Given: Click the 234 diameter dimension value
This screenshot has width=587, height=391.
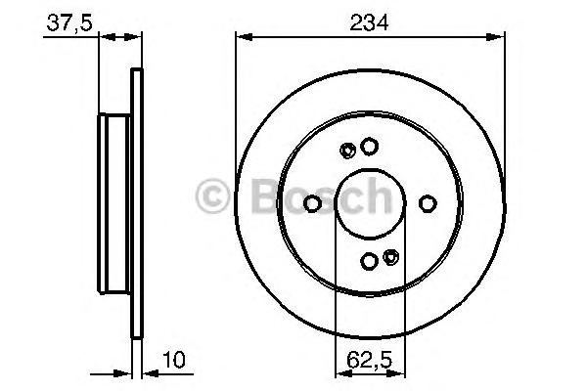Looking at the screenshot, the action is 369,22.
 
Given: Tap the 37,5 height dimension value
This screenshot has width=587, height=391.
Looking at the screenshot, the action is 69,23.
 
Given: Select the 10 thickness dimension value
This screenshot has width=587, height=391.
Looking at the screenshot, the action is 174,360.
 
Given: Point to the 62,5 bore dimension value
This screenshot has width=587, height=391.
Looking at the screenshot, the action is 369,361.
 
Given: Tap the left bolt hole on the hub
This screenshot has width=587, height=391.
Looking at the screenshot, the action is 312,204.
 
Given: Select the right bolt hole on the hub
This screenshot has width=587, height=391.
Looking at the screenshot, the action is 428,204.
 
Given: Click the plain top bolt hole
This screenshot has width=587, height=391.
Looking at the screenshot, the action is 369,147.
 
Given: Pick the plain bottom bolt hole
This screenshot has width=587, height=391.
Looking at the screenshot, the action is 369,261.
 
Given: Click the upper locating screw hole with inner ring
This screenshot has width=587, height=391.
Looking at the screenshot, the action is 347,151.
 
